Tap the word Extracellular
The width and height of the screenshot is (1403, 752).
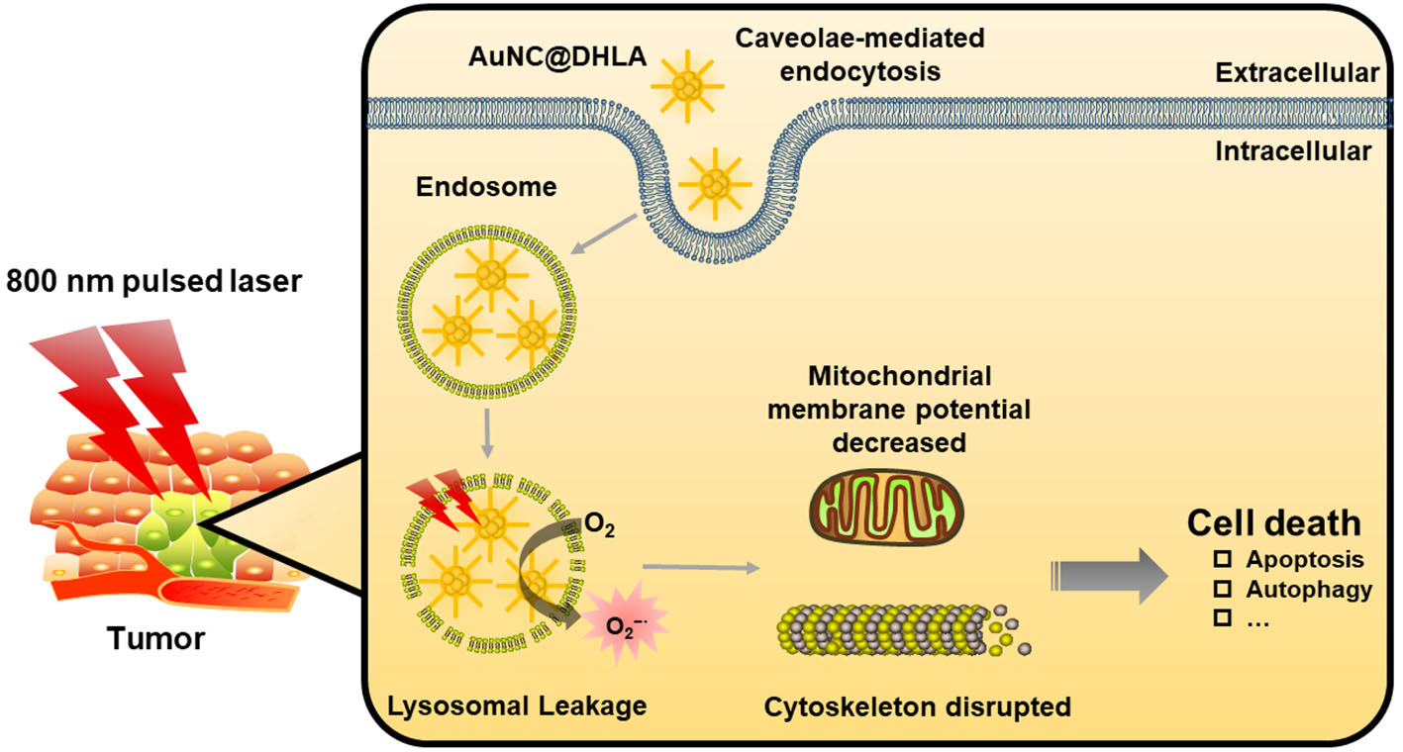pyautogui.click(x=1298, y=72)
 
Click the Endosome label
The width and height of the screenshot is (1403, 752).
pyautogui.click(x=457, y=186)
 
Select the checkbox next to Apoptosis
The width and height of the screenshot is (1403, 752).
pyautogui.click(x=1223, y=560)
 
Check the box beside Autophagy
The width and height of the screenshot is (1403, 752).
pyautogui.click(x=1223, y=590)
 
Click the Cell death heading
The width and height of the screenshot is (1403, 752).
pyautogui.click(x=1274, y=523)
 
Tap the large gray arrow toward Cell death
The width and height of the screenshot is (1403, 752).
pyautogui.click(x=1109, y=576)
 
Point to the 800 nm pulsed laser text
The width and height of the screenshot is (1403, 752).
pyautogui.click(x=152, y=282)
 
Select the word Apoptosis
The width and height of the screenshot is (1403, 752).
pyautogui.click(x=1304, y=560)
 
